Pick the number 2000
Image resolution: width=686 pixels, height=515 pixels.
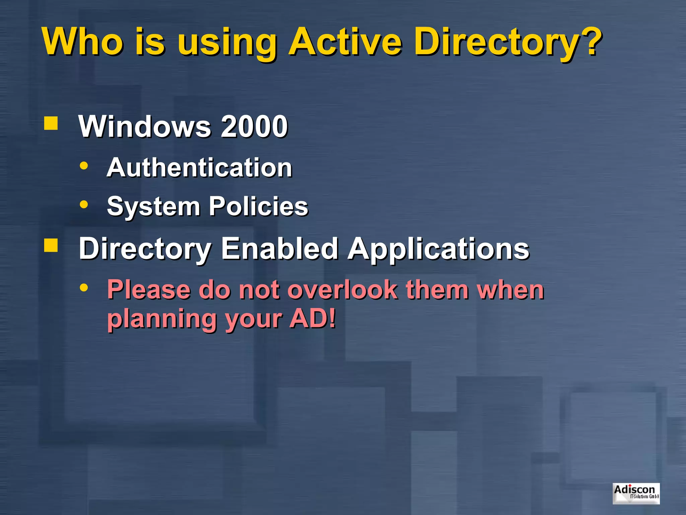[x=254, y=126]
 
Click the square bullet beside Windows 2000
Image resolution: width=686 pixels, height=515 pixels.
[x=51, y=123]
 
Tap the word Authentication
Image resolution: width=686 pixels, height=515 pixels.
[x=199, y=167]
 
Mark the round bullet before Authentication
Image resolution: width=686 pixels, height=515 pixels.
[x=84, y=166]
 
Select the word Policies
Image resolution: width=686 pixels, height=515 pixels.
[x=258, y=206]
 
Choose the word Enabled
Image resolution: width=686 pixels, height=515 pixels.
[x=279, y=248]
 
